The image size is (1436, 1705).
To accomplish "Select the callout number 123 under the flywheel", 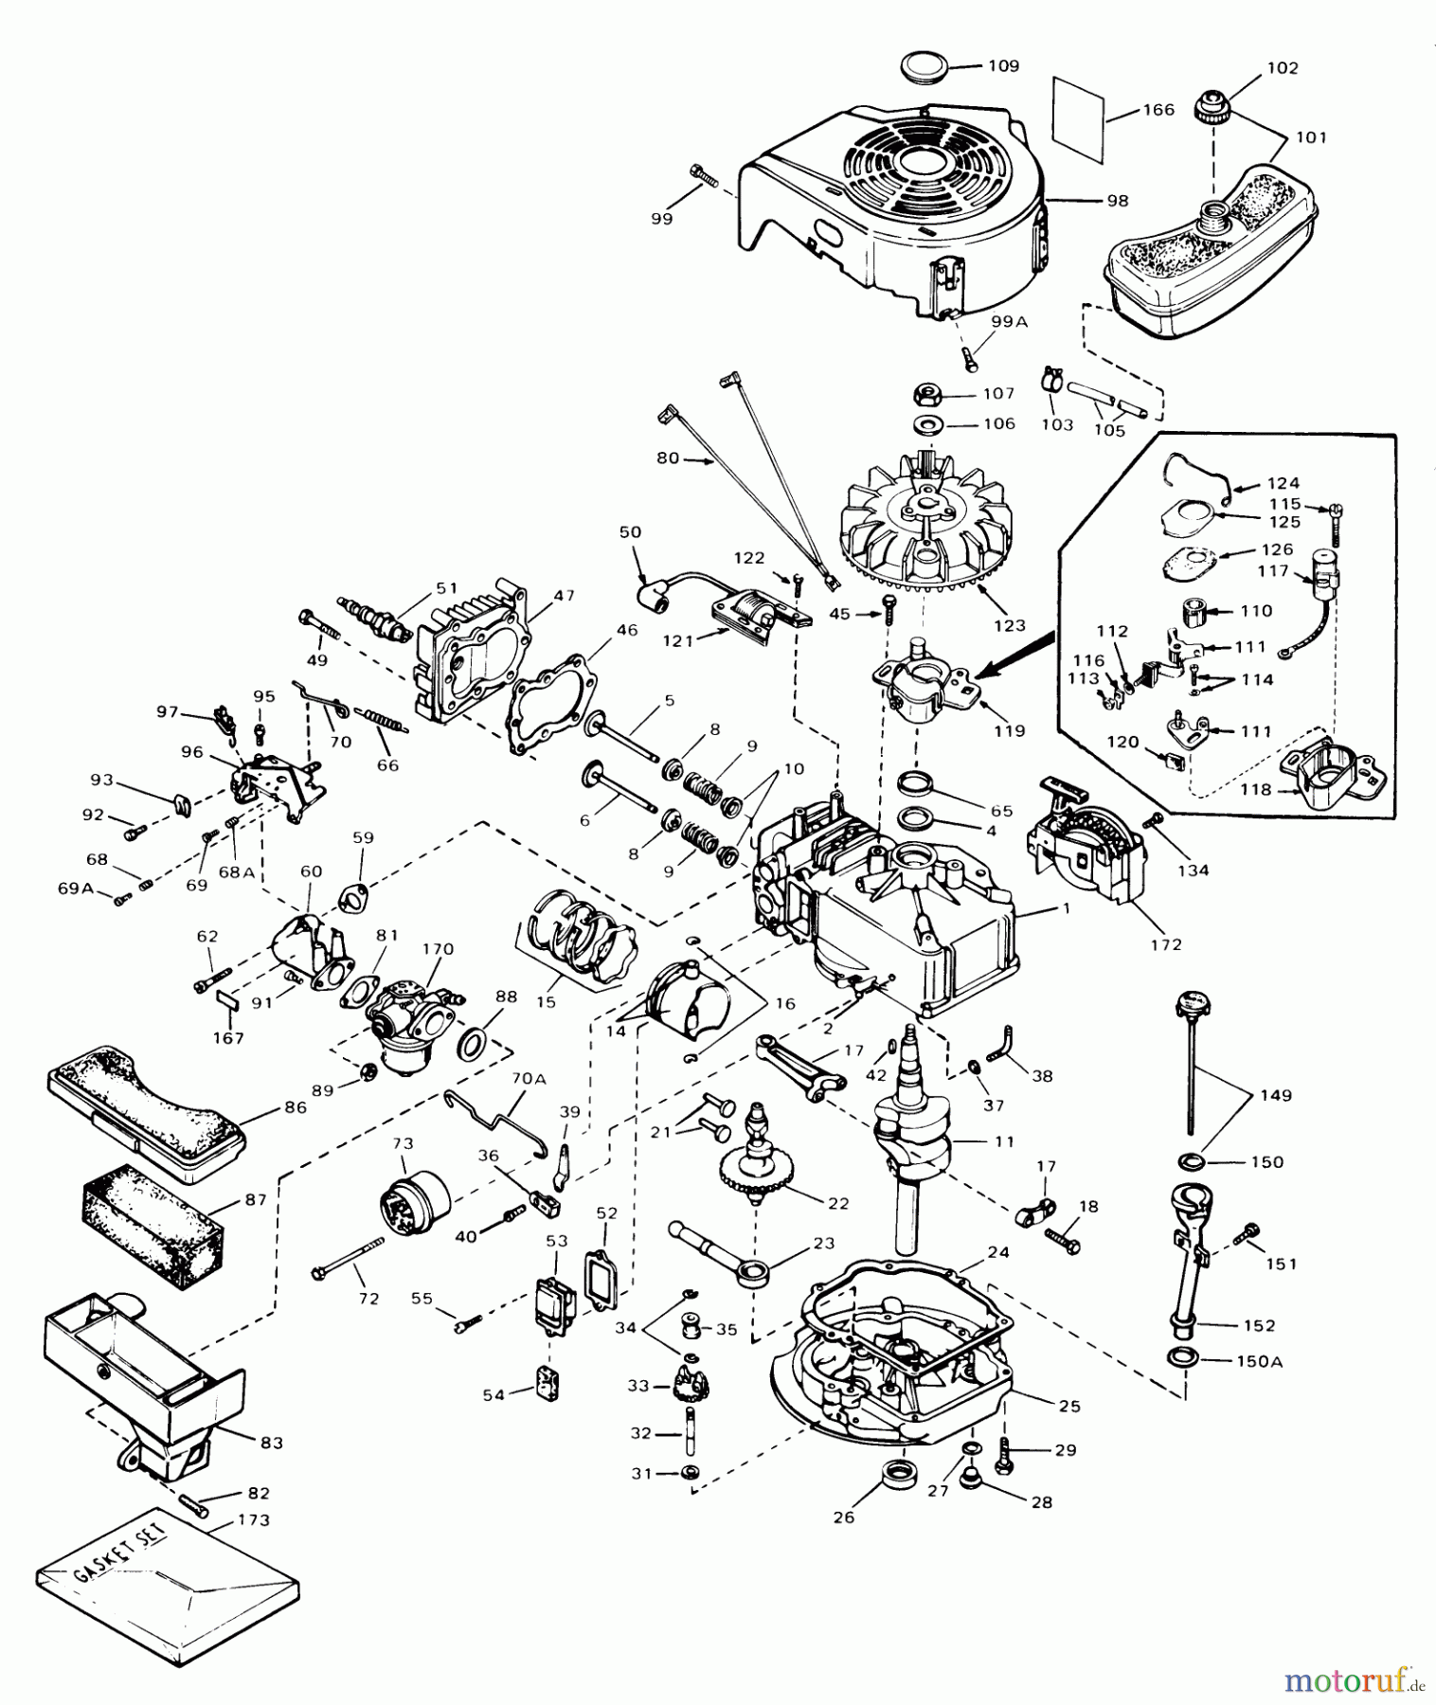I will click(x=1009, y=625).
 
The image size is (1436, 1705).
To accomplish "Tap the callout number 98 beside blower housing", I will click(x=1118, y=201).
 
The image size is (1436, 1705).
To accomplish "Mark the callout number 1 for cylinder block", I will click(x=1066, y=908).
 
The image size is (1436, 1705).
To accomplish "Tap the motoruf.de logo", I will click(x=1355, y=1682).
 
